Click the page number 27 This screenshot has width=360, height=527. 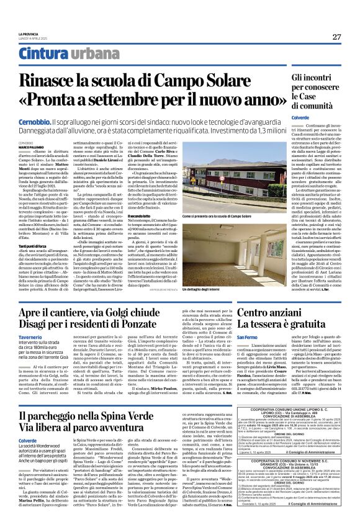pos(336,37)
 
